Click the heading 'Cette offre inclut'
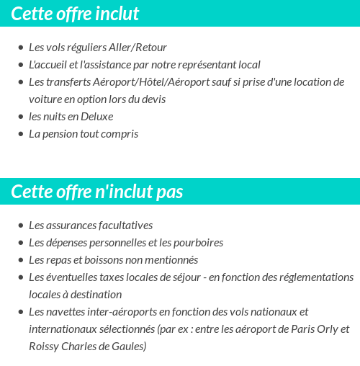76,14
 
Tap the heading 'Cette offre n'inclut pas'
97,192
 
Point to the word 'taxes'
119,277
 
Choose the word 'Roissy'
44,347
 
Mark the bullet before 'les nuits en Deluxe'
21,117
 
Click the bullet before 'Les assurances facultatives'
21,226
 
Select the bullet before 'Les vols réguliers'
21,48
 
